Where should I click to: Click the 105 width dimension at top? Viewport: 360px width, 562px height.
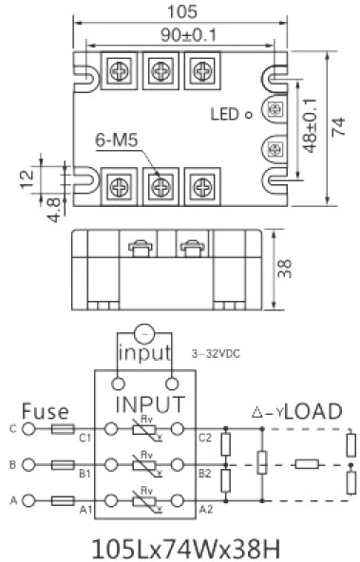[186, 12]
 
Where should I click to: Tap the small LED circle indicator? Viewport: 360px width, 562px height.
[248, 116]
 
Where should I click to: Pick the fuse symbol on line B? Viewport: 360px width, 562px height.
[63, 465]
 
